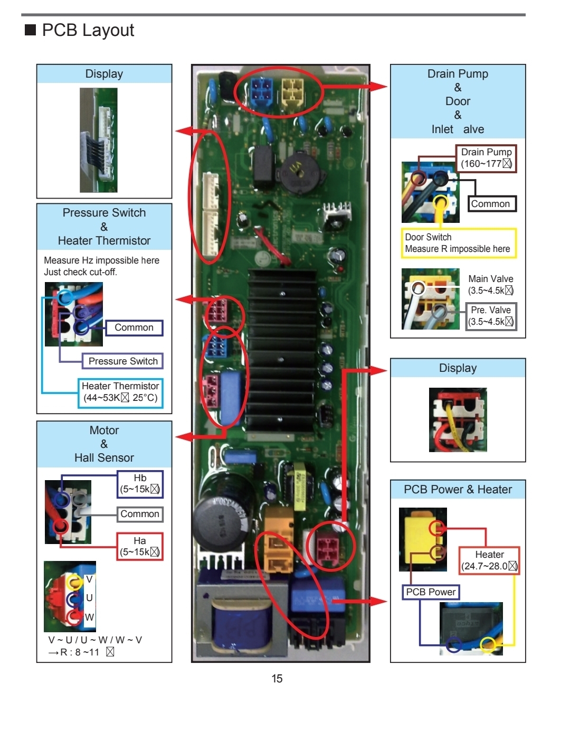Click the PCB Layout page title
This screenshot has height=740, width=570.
point(88,30)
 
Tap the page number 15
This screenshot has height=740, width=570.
point(277,678)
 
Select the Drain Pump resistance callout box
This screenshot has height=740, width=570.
point(486,158)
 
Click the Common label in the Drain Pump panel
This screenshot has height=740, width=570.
point(491,204)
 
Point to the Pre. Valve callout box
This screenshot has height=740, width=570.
point(491,316)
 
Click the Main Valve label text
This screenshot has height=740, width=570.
point(490,278)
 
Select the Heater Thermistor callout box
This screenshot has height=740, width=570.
point(120,392)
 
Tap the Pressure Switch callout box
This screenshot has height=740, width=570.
point(122,361)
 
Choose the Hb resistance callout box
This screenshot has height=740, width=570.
point(140,483)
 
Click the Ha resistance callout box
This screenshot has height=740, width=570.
point(140,546)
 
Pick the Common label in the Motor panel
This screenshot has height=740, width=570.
point(140,514)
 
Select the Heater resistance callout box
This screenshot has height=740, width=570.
point(489,560)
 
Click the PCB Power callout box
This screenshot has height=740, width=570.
point(431,592)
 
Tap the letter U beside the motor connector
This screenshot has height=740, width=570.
point(89,598)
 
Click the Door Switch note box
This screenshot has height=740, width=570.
point(458,243)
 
